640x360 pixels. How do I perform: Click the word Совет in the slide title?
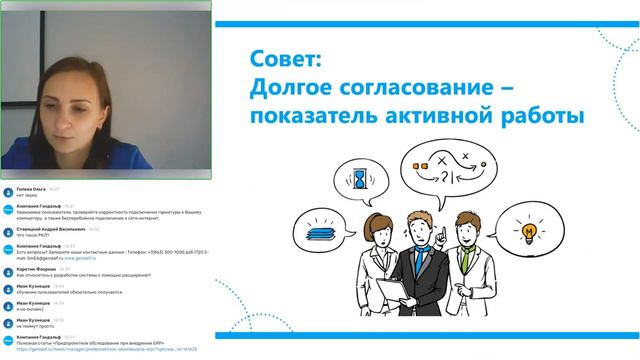278,61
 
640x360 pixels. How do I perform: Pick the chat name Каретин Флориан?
35,268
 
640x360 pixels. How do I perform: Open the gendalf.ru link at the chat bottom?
100,350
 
